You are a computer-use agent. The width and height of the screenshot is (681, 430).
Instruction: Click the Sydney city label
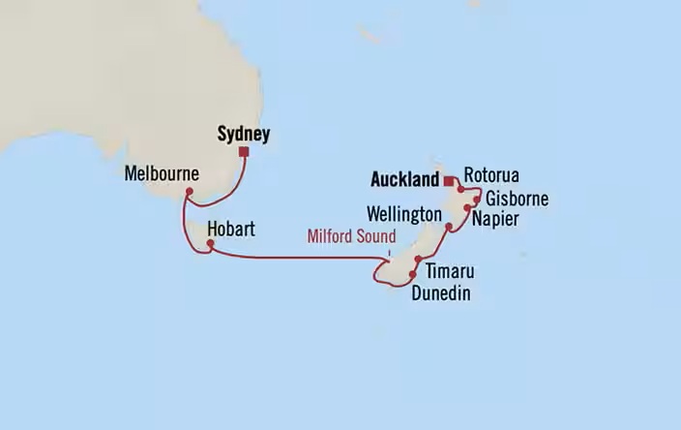(242, 134)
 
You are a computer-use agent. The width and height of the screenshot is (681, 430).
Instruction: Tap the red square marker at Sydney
(246, 152)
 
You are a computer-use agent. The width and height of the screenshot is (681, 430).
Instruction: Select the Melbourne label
(162, 174)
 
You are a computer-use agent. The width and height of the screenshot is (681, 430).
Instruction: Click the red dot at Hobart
(209, 246)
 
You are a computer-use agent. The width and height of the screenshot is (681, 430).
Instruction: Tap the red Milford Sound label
(352, 236)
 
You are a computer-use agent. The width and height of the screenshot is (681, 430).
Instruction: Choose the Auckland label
(405, 178)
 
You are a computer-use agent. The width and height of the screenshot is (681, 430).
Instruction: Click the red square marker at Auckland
(449, 179)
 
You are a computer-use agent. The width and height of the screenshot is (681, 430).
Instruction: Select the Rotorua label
(491, 175)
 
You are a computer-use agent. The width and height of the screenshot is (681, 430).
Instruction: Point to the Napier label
(496, 220)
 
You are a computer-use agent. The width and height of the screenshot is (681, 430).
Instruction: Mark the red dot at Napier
(467, 208)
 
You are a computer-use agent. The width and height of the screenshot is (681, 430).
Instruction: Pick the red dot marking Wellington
(449, 229)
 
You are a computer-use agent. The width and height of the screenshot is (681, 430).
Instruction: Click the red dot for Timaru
(418, 260)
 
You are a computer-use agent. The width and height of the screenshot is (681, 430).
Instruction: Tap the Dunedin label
(440, 292)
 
